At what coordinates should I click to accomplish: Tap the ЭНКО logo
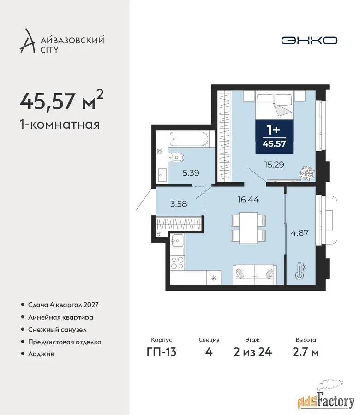(309, 41)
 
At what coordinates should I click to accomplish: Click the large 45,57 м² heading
(61, 101)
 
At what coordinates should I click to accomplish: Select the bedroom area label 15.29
(274, 165)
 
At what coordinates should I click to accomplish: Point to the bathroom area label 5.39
(191, 173)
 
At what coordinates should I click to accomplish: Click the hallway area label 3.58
(179, 204)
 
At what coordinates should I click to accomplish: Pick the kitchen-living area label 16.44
(248, 200)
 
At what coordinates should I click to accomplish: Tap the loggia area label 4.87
(300, 233)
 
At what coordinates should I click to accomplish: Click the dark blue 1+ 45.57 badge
(274, 136)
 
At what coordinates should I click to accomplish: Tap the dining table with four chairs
(248, 228)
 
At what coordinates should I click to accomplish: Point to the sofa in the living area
(254, 274)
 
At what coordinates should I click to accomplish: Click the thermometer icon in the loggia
(300, 271)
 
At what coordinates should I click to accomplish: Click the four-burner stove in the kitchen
(177, 263)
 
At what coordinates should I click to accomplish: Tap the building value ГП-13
(162, 352)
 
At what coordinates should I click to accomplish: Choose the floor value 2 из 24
(252, 352)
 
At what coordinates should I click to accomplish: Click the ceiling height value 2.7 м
(306, 352)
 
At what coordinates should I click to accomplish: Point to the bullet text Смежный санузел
(58, 330)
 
